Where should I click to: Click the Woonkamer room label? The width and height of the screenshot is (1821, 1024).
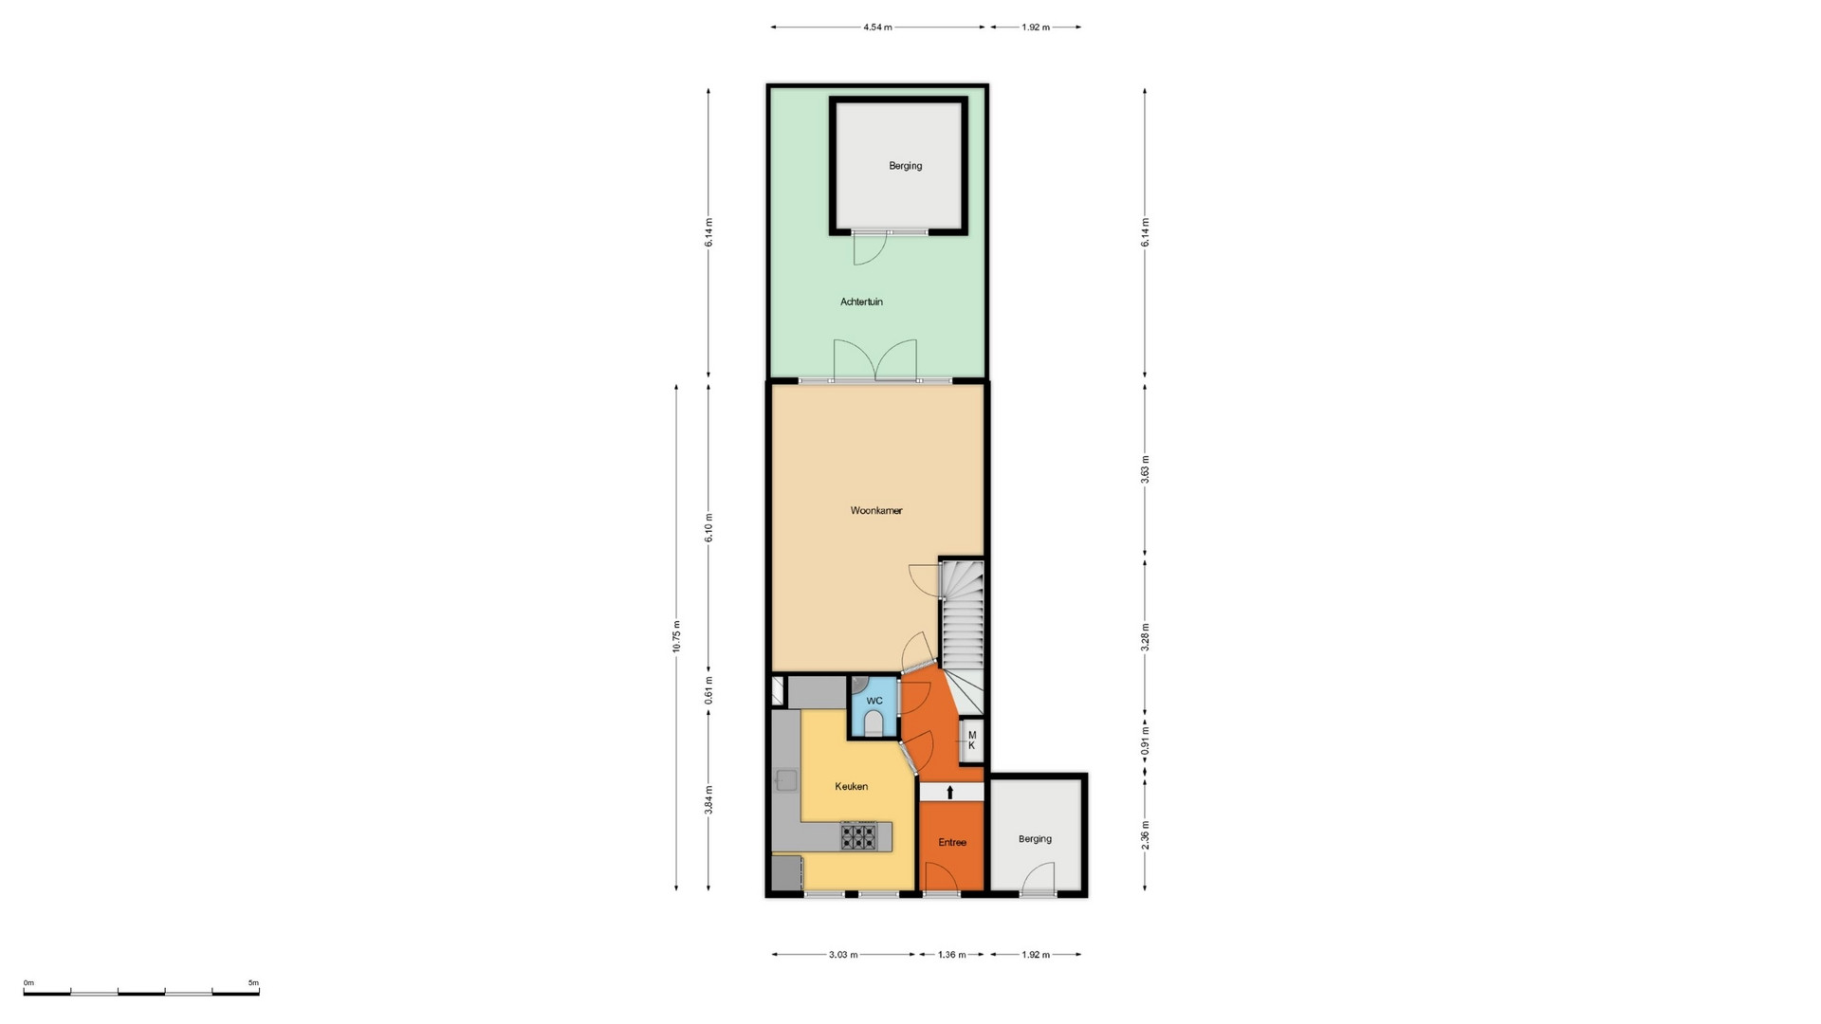pos(875,511)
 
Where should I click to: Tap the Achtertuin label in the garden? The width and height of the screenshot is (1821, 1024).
pos(861,302)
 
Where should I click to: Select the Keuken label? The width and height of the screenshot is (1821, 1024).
pos(851,786)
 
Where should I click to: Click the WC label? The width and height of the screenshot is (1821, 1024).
pos(874,701)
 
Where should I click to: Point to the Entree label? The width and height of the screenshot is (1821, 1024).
pos(952,842)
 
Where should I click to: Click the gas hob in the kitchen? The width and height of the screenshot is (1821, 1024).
pos(858,836)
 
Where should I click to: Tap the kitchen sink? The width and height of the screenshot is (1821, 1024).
pos(786,780)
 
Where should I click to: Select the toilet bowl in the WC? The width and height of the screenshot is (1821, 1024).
pos(874,725)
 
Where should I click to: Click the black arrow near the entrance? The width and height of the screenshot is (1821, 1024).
pos(950,792)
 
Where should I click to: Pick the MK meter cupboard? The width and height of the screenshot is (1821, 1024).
pos(971,741)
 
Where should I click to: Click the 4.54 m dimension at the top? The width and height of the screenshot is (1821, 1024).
pos(877,27)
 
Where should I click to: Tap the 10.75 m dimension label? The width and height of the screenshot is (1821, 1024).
pos(676,637)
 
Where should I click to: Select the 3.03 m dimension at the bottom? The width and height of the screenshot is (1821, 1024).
pos(843,955)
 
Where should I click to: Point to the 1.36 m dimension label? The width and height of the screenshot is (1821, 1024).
pos(951,955)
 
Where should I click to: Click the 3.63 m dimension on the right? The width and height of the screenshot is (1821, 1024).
pos(1145,469)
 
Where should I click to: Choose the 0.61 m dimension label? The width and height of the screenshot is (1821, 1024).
pos(708,691)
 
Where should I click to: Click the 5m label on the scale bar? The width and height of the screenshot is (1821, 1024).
pos(253,983)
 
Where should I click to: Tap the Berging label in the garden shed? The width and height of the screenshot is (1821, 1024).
pos(905,166)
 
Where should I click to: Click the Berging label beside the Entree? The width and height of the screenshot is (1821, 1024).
pos(1035,839)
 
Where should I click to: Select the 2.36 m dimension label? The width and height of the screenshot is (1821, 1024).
pos(1145,834)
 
